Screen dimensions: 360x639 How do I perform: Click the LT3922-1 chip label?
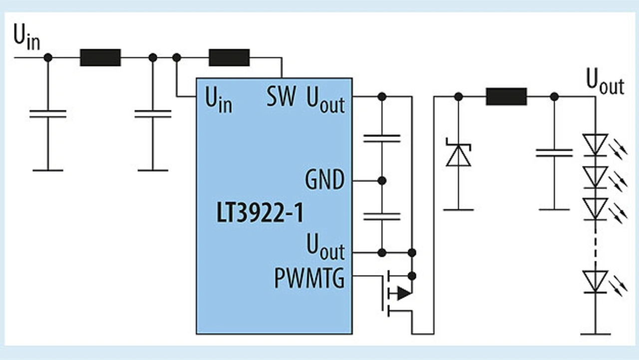click(x=260, y=215)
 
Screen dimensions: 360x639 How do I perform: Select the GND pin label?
click(x=324, y=180)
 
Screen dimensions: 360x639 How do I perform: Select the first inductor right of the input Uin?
click(x=100, y=57)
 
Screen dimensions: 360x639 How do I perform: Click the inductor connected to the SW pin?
click(x=229, y=57)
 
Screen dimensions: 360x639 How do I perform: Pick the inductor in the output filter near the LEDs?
click(x=506, y=96)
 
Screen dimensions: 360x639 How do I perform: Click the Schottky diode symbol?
click(x=458, y=155)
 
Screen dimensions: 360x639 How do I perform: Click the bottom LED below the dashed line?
click(x=595, y=281)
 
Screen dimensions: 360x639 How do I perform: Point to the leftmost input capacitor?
click(x=48, y=114)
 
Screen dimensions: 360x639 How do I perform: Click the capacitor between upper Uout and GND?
click(x=382, y=138)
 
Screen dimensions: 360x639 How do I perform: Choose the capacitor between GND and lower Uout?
click(x=382, y=216)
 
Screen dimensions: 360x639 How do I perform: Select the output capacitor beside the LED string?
click(x=554, y=153)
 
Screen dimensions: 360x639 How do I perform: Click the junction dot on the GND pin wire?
click(x=382, y=180)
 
